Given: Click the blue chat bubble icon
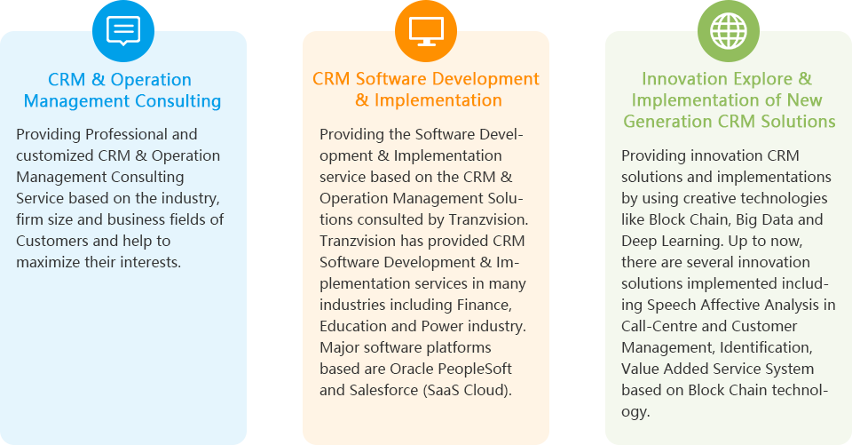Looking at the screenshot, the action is pos(123,30).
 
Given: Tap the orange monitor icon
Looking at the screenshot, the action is pos(426,31).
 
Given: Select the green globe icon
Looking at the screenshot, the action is pos(729,30).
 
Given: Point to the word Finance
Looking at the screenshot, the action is pos(485,305).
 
